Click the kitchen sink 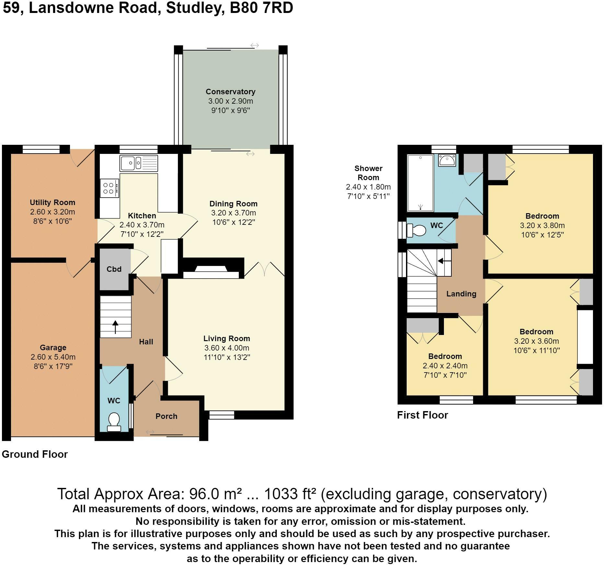tap(139, 163)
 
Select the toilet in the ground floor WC tap(113, 422)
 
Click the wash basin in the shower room tap(447, 160)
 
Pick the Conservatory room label tap(230, 92)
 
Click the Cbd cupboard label tap(114, 269)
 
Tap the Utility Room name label tap(52, 202)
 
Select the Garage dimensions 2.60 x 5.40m tap(53, 357)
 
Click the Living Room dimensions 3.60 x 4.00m tap(227, 348)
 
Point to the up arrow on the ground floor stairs tap(115, 327)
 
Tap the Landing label tap(461, 294)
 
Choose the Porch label tap(166, 416)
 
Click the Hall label tap(146, 342)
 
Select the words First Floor tap(423, 415)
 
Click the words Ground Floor tap(35, 454)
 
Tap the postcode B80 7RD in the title tap(261, 8)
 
